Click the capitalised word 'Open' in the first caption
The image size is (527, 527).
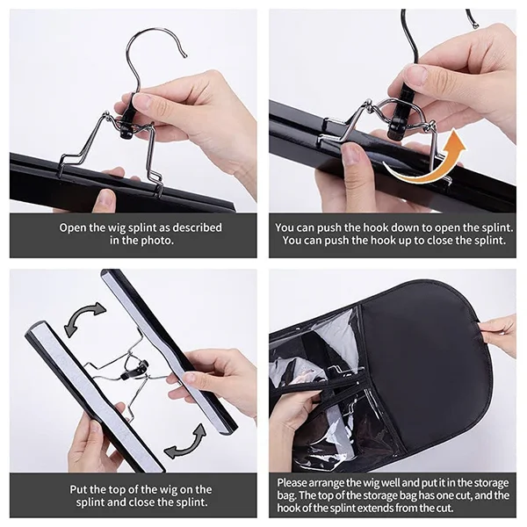(74, 227)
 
